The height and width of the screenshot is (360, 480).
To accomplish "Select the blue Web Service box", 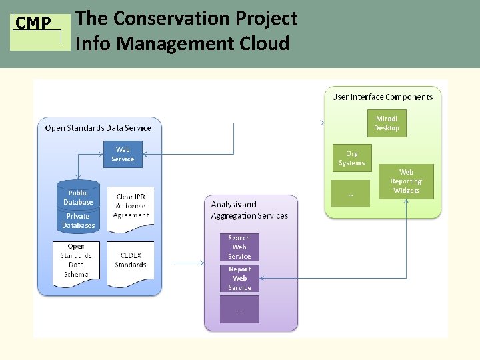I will click(x=123, y=155).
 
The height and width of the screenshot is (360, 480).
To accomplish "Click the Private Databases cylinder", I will click(x=78, y=221).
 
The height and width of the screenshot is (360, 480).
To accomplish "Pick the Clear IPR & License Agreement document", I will click(x=131, y=206).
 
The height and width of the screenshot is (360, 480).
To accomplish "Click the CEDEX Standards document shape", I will click(x=131, y=261).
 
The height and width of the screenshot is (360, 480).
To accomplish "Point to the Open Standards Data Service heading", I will click(x=98, y=127).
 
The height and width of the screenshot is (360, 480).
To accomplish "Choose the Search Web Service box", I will click(x=239, y=247).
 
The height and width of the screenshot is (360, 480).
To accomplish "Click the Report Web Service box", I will click(x=239, y=279).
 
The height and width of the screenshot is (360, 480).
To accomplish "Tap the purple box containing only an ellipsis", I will click(x=239, y=309).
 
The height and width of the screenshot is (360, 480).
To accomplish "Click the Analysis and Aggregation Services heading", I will click(x=249, y=210).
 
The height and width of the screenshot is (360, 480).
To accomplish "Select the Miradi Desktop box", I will click(x=387, y=123).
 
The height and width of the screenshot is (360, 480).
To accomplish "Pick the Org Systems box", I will click(x=351, y=159).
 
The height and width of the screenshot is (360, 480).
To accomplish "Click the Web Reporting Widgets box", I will click(x=406, y=181).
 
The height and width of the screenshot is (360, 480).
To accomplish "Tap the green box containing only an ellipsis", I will click(x=351, y=194).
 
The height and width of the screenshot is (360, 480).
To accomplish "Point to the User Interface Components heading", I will click(x=382, y=97).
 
